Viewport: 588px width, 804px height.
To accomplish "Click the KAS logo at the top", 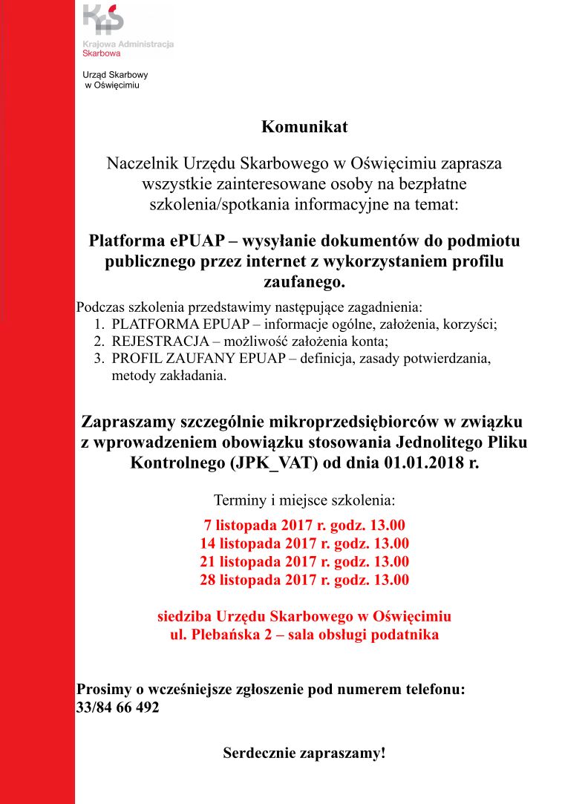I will (105, 20).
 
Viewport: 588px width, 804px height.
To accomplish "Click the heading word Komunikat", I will (304, 127).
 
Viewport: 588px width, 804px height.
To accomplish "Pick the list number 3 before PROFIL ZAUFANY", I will (99, 359).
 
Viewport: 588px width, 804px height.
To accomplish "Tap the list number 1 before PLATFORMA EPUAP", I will (99, 324).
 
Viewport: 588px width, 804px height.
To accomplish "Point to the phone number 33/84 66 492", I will (118, 707).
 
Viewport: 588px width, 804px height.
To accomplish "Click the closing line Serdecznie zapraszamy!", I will (304, 754).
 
